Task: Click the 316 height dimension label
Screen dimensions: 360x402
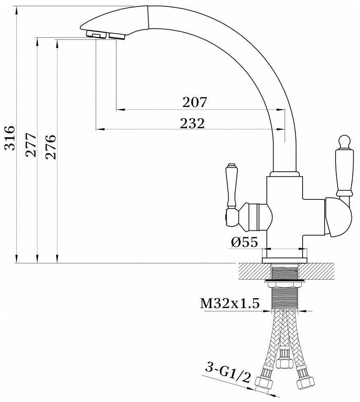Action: (10, 138)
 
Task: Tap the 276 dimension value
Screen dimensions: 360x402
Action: (50, 146)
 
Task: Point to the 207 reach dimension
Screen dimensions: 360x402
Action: (195, 102)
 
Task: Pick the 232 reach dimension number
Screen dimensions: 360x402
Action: (192, 123)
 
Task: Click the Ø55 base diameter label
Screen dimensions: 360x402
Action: (244, 242)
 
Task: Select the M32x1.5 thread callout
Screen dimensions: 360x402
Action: (230, 304)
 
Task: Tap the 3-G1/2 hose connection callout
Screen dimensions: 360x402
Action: (227, 374)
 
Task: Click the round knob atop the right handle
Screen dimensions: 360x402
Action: (345, 142)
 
